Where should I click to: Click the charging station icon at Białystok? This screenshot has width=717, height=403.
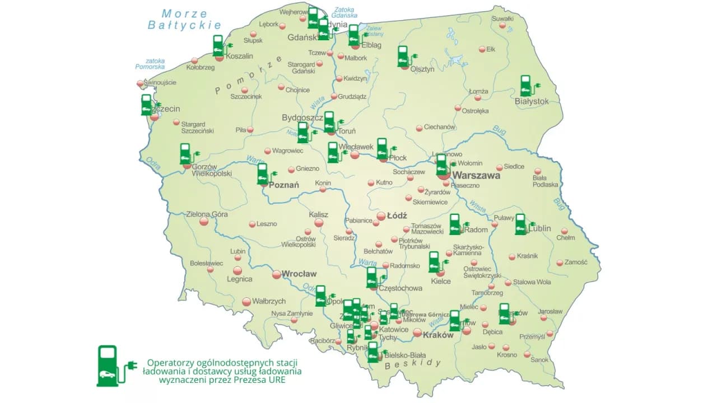pos(526,86)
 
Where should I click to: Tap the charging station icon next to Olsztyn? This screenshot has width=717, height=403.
pos(403,57)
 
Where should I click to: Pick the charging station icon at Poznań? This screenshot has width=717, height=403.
pos(262,174)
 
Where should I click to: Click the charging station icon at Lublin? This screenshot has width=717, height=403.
pos(521,224)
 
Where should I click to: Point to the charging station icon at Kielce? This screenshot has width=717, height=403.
pos(434,262)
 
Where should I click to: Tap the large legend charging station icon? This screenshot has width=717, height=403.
pos(108,365)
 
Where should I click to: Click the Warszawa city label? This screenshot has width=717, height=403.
pos(476,175)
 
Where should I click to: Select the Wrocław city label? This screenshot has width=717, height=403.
pos(299,274)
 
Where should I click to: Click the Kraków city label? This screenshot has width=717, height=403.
pos(438,335)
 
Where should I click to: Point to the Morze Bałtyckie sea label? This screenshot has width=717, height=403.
pos(184,19)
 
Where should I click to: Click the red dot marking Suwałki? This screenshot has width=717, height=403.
pos(503,26)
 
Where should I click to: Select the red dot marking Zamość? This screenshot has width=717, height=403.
pos(560,263)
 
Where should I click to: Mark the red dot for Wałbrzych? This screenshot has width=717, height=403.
pos(245,302)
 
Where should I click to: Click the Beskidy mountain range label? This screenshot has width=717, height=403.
pos(413,364)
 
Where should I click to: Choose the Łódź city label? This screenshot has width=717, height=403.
pos(397,215)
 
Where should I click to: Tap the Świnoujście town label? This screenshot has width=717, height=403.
pos(160,82)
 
